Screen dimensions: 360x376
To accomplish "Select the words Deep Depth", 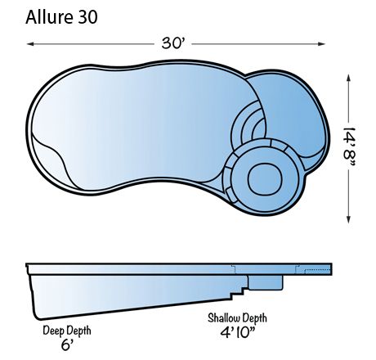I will [66, 330].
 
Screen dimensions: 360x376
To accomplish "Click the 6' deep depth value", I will [66, 345].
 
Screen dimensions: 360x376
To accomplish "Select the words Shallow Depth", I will [238, 317].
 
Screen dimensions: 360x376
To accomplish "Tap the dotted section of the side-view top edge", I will [316, 268].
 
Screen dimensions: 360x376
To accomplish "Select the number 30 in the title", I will [87, 17].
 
